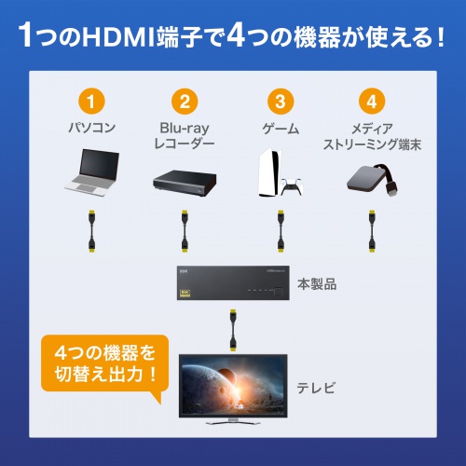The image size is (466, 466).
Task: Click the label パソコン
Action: point(90,128)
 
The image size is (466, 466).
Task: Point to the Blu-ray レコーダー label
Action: point(184,135)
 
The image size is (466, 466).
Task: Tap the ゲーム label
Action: point(278,128)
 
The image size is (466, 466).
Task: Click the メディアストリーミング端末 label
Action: point(371,135)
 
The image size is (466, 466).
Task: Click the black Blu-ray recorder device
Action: point(184,179)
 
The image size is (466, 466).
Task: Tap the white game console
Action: point(269,173)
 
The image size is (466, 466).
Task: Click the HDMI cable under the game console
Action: point(278,234)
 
